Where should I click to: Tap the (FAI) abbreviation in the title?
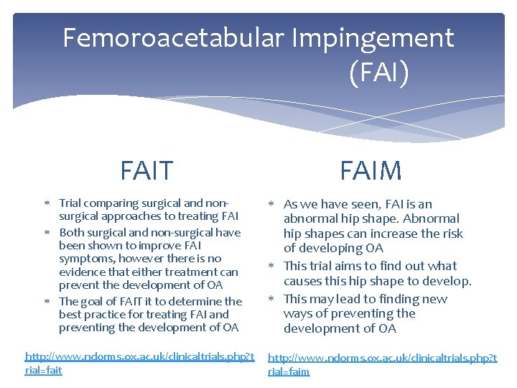click(x=379, y=73)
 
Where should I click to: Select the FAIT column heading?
click(x=146, y=171)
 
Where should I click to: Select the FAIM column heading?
click(x=371, y=171)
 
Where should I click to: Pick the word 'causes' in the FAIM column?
click(x=304, y=281)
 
